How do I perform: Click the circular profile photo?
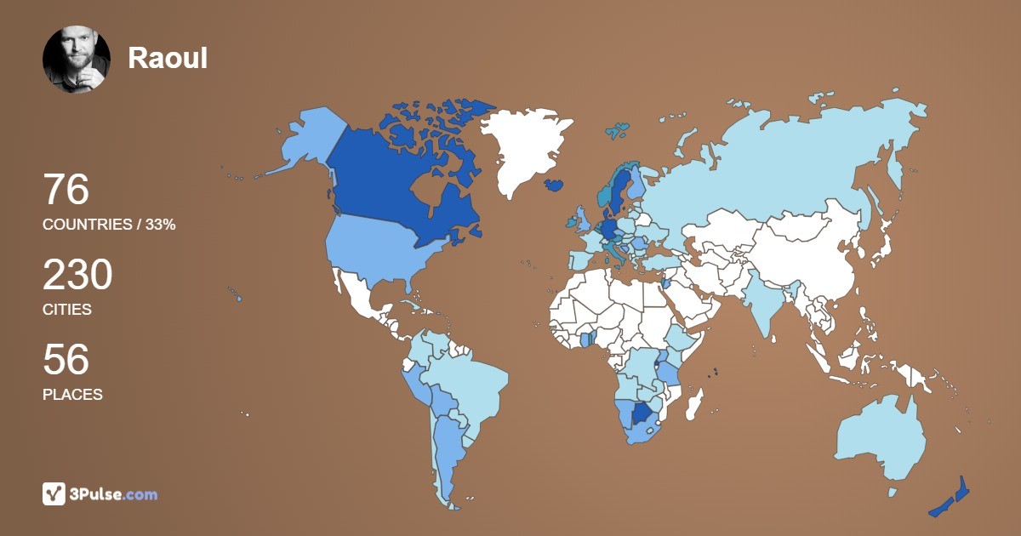point(77,59)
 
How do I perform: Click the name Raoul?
point(168,58)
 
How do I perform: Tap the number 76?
point(66,190)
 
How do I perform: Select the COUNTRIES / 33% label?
point(109,225)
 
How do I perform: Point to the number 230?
point(77,276)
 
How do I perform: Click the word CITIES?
point(67,310)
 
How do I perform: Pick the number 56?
point(66,360)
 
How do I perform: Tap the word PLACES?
point(72,395)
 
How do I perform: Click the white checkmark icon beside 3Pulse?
point(54,493)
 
